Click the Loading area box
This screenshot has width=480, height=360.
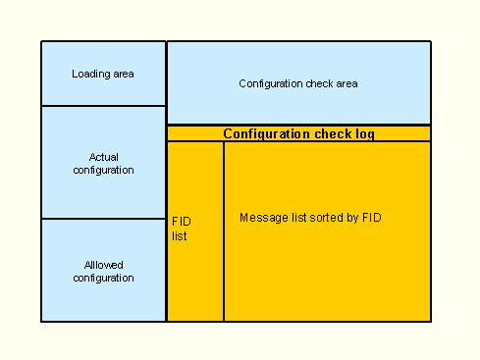click(x=103, y=74)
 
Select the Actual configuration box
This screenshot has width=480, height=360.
click(x=103, y=162)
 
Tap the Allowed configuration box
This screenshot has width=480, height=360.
click(x=103, y=270)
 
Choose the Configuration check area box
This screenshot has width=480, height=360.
click(x=298, y=83)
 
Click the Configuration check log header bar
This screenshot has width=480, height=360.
click(x=298, y=133)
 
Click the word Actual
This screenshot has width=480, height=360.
click(x=103, y=157)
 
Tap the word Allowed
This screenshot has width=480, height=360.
click(x=103, y=265)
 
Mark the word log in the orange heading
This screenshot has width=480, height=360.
click(x=364, y=133)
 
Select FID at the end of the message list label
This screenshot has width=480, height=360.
click(x=369, y=217)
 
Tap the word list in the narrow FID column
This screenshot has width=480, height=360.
click(x=179, y=236)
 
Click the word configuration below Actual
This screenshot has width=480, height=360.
click(x=103, y=170)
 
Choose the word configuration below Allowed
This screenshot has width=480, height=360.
click(x=103, y=278)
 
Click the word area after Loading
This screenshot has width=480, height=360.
click(x=123, y=74)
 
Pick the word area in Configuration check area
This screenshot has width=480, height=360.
click(x=347, y=83)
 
